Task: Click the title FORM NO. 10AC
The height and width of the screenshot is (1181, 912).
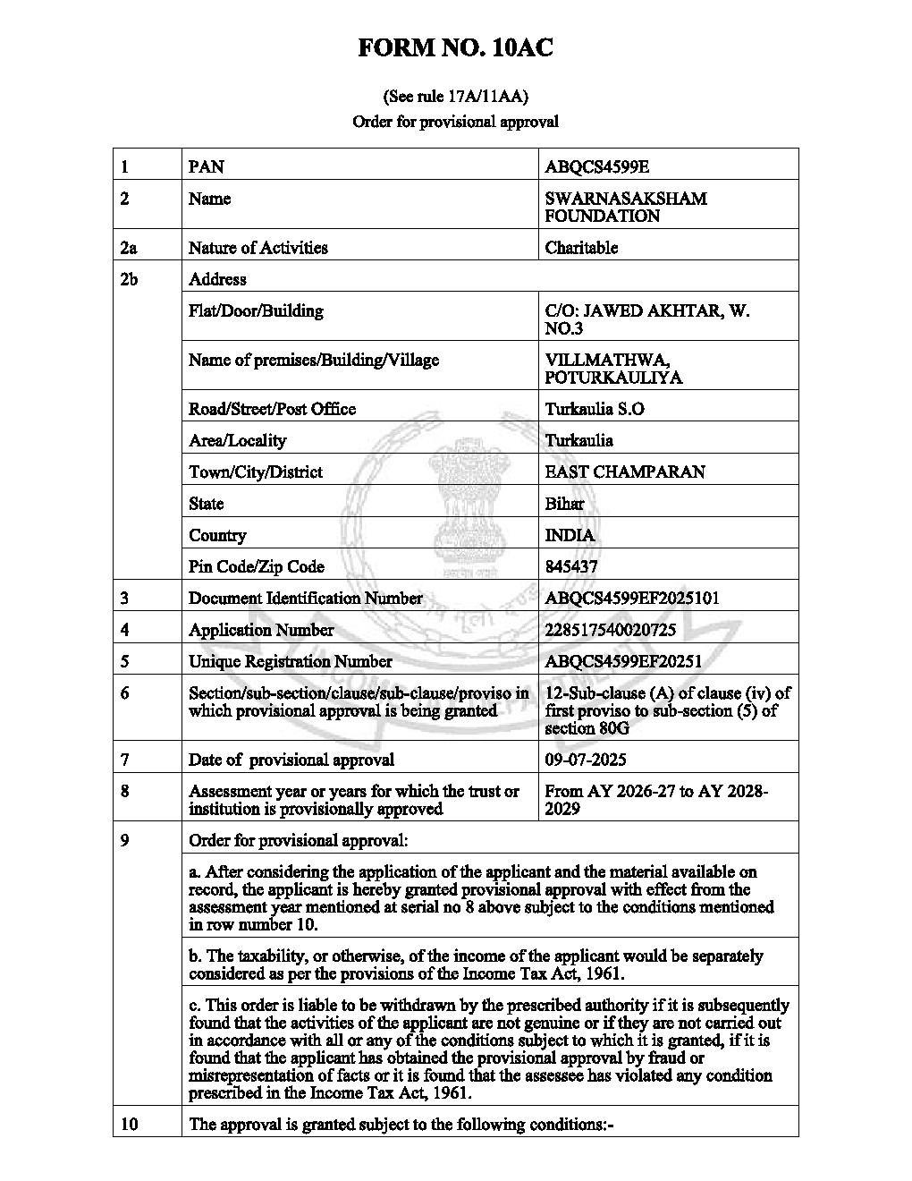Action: (455, 48)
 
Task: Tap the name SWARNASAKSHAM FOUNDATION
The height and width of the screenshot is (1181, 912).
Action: (625, 208)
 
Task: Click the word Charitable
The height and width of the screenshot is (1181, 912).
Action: (581, 248)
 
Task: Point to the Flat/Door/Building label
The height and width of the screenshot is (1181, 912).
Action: (256, 311)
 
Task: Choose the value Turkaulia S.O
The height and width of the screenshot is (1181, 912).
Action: (595, 410)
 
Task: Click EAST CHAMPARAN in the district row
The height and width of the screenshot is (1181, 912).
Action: (624, 472)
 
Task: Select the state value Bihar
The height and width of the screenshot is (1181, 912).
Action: (564, 504)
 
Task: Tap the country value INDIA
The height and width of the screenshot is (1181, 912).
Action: (570, 535)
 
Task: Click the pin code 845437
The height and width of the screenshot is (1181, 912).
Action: (571, 567)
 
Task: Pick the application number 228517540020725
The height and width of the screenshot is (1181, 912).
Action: (610, 630)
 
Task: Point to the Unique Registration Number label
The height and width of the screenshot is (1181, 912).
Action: (290, 662)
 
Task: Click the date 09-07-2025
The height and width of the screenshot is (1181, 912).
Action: (586, 760)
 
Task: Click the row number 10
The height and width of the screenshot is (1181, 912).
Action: (129, 1125)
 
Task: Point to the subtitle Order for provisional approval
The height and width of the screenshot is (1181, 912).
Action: (455, 122)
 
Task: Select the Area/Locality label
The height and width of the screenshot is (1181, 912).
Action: (238, 441)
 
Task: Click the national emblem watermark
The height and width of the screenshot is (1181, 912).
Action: (464, 501)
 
